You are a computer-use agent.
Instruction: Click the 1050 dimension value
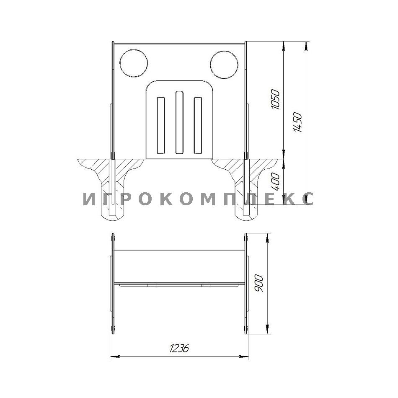pyautogui.click(x=275, y=99)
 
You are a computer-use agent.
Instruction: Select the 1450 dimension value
pyautogui.click(x=298, y=123)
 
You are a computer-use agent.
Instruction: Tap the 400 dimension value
pyautogui.click(x=275, y=182)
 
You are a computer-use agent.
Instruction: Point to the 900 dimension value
pyautogui.click(x=259, y=283)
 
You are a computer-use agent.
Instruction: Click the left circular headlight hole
pyautogui.click(x=134, y=63)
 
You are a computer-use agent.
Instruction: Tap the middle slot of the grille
pyautogui.click(x=179, y=122)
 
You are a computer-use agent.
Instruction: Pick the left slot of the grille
pyautogui.click(x=161, y=125)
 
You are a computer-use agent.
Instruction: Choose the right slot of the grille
pyautogui.click(x=198, y=125)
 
